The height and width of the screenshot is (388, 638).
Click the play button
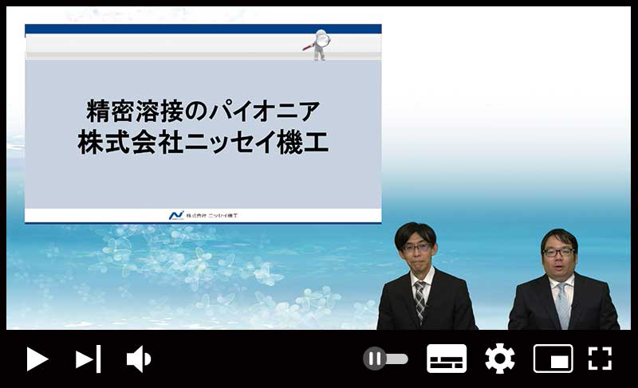tap(37, 359)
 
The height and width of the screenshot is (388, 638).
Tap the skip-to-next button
tap(88, 359)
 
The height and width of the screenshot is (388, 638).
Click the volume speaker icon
tap(138, 359)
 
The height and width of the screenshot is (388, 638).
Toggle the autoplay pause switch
tap(385, 359)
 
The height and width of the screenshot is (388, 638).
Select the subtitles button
tap(447, 359)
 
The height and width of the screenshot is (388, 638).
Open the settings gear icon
tap(500, 359)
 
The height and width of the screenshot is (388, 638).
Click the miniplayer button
tap(553, 359)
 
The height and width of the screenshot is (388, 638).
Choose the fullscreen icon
tap(601, 359)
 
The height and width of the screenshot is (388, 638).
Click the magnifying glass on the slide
tap(323, 40)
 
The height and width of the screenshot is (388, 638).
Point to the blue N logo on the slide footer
tap(176, 215)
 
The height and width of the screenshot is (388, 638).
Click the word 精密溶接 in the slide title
tap(135, 112)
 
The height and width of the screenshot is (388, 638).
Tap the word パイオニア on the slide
tap(265, 112)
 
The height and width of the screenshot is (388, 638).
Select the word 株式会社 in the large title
tap(130, 143)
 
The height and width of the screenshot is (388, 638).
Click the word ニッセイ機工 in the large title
tap(256, 143)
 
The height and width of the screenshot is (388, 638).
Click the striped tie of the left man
tap(420, 300)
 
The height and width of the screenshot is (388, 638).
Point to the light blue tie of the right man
tap(563, 305)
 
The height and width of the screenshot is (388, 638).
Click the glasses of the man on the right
tap(558, 253)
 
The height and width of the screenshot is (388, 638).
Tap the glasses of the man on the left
tap(415, 248)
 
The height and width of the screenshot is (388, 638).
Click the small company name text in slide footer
tap(211, 215)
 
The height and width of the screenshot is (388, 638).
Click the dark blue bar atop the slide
tap(203, 29)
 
